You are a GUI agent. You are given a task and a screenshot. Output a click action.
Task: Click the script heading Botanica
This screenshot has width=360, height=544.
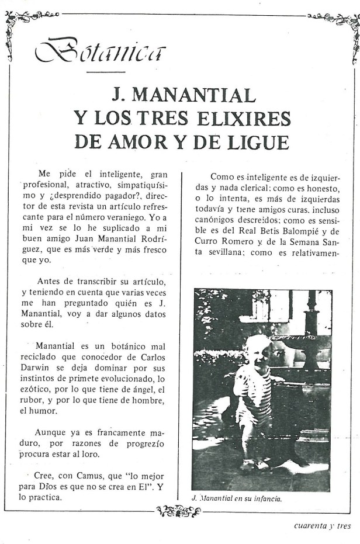[100, 51]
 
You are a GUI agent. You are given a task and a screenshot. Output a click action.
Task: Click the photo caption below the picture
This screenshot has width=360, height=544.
[237, 498]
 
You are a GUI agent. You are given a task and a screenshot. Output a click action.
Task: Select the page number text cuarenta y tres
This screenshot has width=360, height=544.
[322, 525]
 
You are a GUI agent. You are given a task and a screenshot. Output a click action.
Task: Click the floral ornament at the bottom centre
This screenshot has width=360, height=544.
[179, 512]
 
